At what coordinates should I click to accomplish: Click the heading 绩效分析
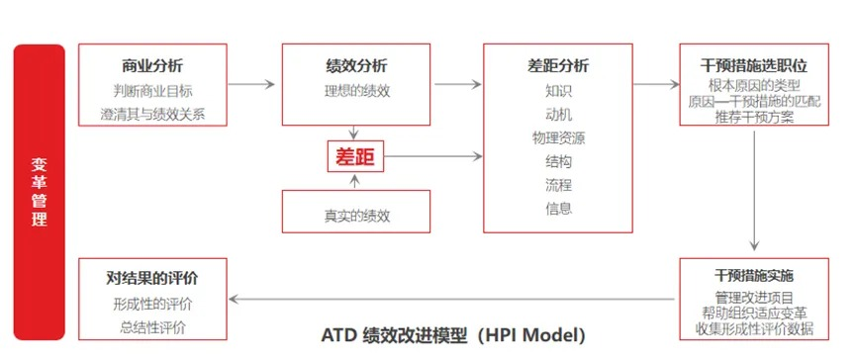[356, 66]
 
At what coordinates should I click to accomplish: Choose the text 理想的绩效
[356, 91]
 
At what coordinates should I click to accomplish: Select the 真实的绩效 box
[356, 212]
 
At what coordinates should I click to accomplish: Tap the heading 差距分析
[558, 66]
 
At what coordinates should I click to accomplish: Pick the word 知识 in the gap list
[558, 91]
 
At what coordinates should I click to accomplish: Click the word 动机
[558, 114]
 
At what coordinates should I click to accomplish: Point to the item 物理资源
[558, 137]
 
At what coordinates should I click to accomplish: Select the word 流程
[558, 184]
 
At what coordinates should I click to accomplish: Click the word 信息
[558, 208]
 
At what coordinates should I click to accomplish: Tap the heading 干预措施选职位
[754, 66]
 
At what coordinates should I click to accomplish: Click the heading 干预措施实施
[754, 274]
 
